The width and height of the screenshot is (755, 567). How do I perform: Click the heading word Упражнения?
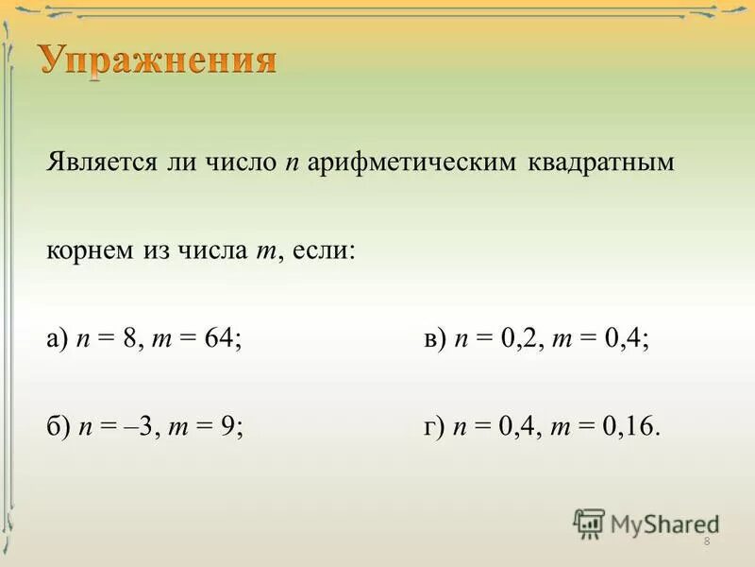(x=159, y=61)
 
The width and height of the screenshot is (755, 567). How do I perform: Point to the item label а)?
(x=57, y=340)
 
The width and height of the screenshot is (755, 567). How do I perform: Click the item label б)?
(x=57, y=427)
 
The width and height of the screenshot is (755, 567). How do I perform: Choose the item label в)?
(x=434, y=340)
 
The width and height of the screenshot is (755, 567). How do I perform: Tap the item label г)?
(x=433, y=427)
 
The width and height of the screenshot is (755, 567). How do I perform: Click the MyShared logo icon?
(x=590, y=523)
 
